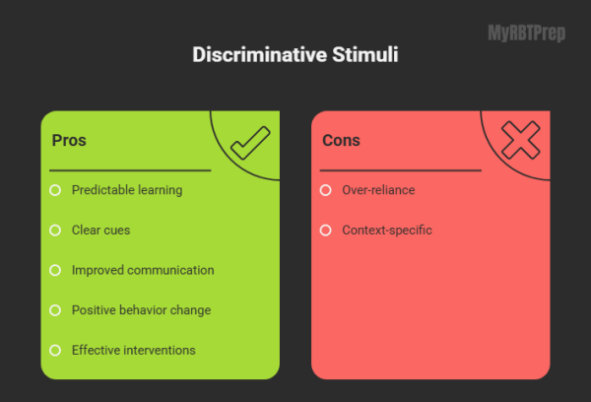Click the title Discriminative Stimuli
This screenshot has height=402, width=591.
295,55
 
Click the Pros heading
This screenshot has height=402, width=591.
69,140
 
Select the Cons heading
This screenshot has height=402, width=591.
341,140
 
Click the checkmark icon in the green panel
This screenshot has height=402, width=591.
250,144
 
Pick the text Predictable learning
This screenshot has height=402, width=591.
127,189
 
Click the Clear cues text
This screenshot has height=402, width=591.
100,230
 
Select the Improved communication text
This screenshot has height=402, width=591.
143,270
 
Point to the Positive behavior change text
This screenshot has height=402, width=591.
141,310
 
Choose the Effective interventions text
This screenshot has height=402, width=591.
134,350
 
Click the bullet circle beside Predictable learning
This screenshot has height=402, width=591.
55,189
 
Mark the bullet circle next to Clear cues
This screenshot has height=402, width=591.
55,230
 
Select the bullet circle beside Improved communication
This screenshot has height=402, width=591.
55,270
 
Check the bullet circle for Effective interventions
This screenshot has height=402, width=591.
55,350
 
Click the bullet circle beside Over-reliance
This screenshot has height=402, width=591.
325,189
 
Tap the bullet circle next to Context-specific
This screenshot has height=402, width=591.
325,230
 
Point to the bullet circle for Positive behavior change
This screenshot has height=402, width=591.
55,310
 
